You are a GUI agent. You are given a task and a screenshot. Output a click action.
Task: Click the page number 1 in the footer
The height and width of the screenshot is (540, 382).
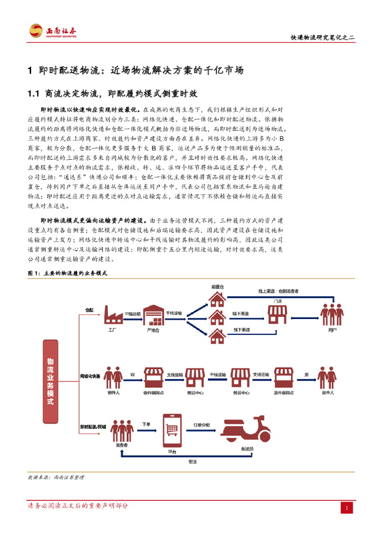point(347,508)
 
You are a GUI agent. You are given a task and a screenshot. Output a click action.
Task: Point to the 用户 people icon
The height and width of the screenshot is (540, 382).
point(332,315)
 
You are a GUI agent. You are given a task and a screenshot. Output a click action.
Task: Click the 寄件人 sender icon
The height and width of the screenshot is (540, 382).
point(113,377)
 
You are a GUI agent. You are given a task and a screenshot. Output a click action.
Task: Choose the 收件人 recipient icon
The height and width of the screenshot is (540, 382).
point(327,377)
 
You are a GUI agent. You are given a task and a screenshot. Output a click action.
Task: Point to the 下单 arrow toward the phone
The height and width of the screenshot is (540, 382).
point(147,430)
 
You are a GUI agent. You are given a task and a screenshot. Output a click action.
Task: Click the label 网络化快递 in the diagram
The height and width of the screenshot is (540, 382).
point(90,376)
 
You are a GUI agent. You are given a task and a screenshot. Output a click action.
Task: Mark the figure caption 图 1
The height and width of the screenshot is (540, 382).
point(67,273)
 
